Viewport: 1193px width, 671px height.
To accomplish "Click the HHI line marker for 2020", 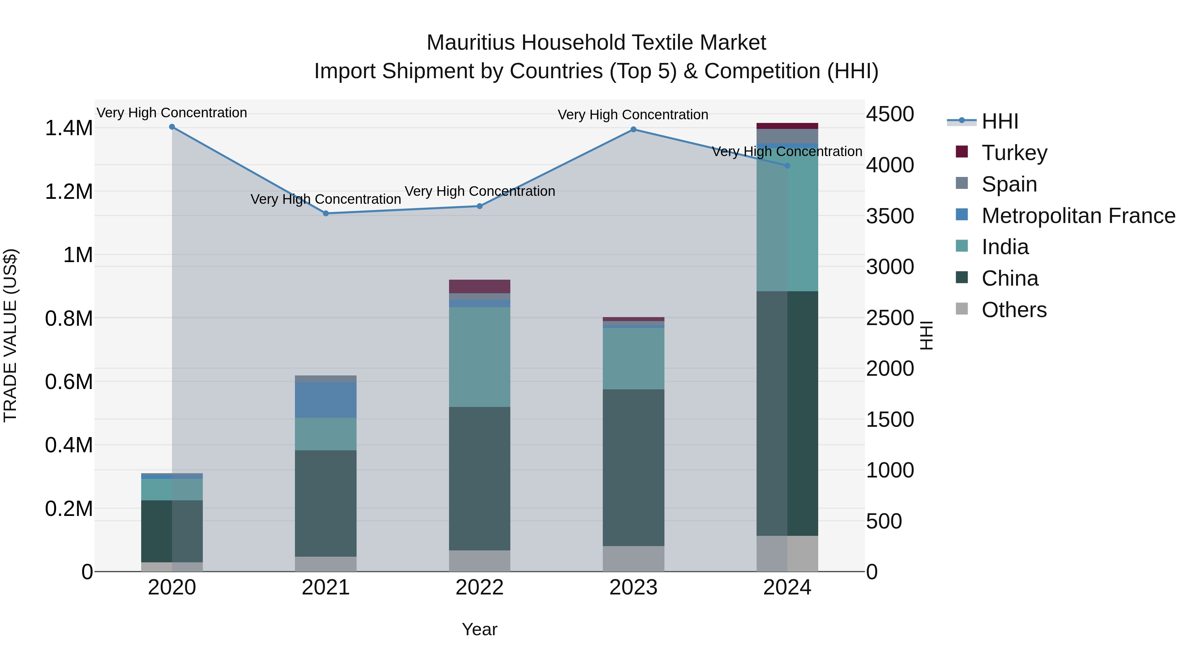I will pyautogui.click(x=172, y=127).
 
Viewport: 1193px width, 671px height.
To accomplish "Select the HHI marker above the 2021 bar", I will pyautogui.click(x=325, y=213).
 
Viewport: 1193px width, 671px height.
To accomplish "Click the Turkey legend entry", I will pyautogui.click(x=1014, y=152).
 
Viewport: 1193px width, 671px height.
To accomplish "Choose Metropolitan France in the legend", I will pyautogui.click(x=1078, y=216).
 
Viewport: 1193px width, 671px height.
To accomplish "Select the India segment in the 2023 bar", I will pyautogui.click(x=633, y=359).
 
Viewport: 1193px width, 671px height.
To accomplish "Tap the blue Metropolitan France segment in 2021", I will pyautogui.click(x=325, y=400).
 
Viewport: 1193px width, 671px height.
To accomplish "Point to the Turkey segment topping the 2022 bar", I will pyautogui.click(x=479, y=286).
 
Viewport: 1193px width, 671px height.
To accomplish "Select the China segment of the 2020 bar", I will pyautogui.click(x=172, y=531).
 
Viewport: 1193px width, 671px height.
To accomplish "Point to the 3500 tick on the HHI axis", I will pyautogui.click(x=890, y=216).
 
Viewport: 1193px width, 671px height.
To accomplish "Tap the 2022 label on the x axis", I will pyautogui.click(x=479, y=587).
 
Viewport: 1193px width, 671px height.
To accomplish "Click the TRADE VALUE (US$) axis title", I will pyautogui.click(x=10, y=335).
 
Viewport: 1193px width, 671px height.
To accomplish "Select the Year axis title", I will pyautogui.click(x=479, y=629).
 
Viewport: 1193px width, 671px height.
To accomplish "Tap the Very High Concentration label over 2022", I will pyautogui.click(x=479, y=191).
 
